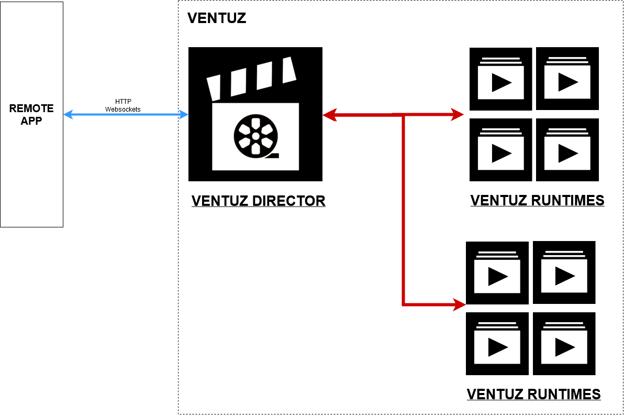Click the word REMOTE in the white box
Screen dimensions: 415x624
pyautogui.click(x=31, y=108)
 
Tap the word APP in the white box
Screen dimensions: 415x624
pyautogui.click(x=31, y=121)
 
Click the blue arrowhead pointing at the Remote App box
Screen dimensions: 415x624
pyautogui.click(x=68, y=114)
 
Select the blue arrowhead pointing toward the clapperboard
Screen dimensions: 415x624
pyautogui.click(x=184, y=114)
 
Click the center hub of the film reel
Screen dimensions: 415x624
pyautogui.click(x=255, y=136)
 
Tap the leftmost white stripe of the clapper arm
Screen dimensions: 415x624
pyautogui.click(x=214, y=88)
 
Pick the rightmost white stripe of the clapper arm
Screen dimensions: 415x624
pyautogui.click(x=289, y=70)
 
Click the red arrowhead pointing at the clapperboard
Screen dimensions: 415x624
pyautogui.click(x=328, y=115)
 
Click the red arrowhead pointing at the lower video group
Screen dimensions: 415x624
pyautogui.click(x=460, y=304)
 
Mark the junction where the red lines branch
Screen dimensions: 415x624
pyautogui.click(x=403, y=115)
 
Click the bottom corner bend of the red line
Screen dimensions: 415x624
pyautogui.click(x=403, y=304)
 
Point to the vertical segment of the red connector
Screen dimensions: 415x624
pyautogui.click(x=403, y=210)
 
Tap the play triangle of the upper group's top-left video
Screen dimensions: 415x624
pyautogui.click(x=502, y=82)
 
